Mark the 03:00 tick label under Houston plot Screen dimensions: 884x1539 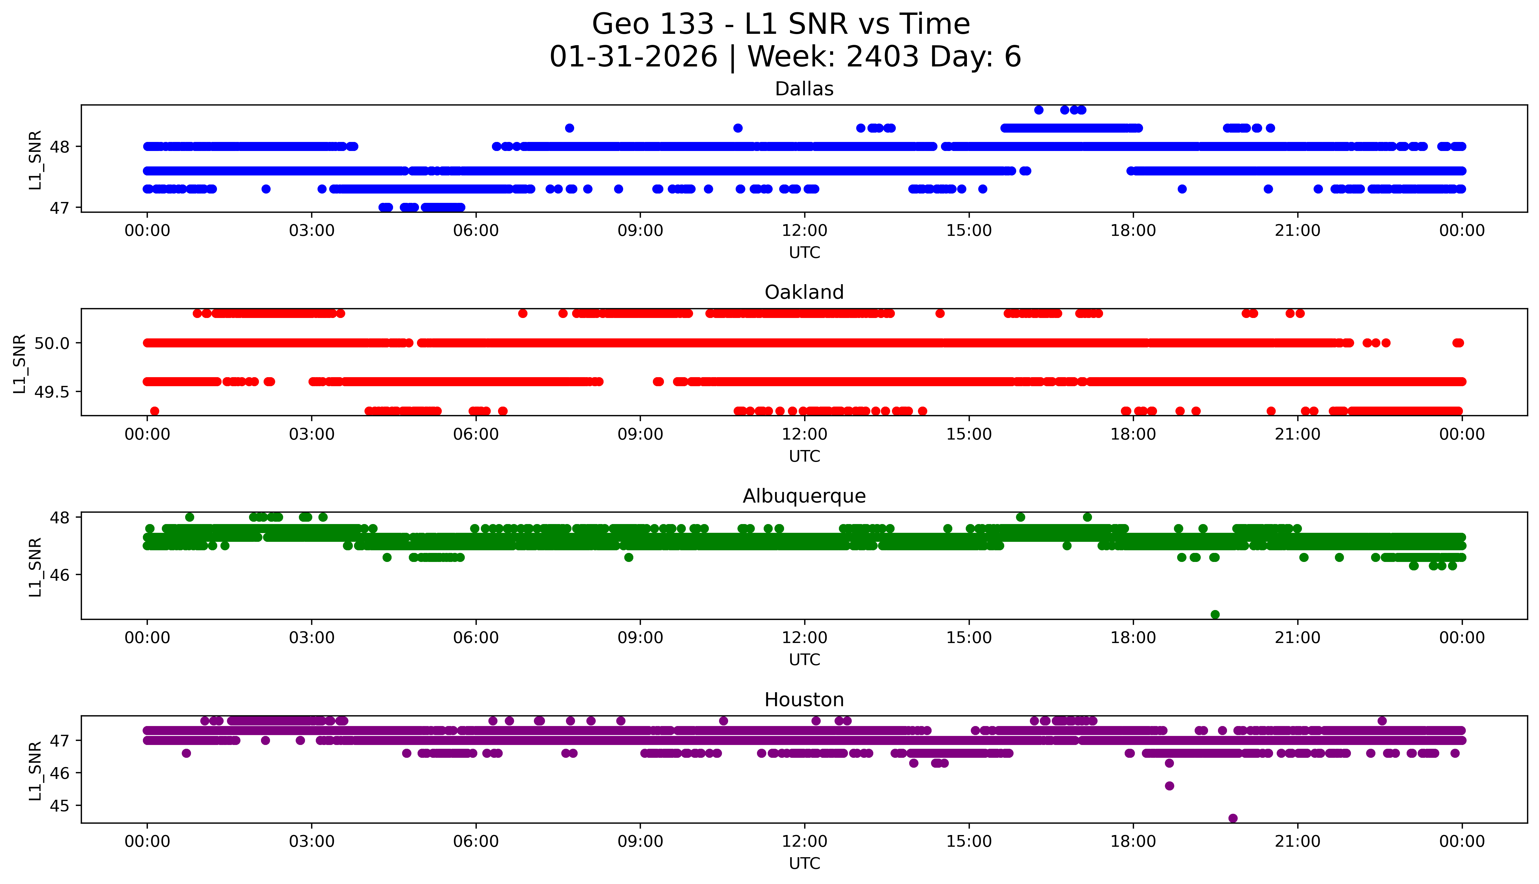click(x=312, y=841)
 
